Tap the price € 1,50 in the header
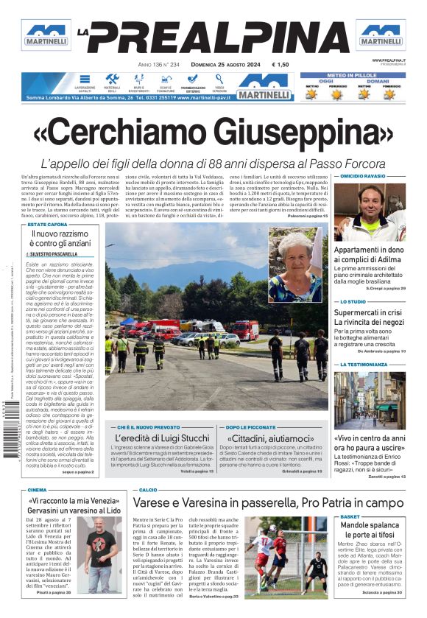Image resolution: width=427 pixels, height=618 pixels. pyautogui.click(x=280, y=65)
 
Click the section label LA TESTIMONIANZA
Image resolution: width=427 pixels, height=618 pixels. pyautogui.click(x=363, y=365)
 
